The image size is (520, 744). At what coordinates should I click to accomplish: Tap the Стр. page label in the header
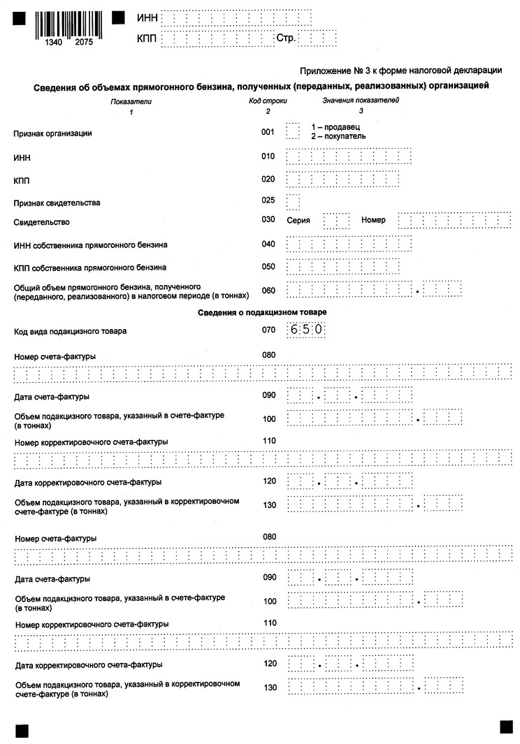pos(286,37)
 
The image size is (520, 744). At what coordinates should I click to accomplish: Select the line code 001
pos(268,131)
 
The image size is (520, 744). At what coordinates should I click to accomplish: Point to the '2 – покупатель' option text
pos(338,136)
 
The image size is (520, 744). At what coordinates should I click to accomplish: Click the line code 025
pos(268,200)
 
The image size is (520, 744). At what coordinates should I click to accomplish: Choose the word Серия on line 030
pos(298,220)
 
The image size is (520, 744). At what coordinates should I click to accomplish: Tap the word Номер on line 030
pos(373,220)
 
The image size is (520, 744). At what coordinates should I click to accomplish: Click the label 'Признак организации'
pos(53,133)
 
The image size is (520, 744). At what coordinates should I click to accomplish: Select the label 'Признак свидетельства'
pos(57,203)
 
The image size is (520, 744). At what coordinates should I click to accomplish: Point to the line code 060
pos(268,290)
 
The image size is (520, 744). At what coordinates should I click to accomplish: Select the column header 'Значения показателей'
pos(361,101)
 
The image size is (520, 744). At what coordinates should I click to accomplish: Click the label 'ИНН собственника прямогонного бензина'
pos(90,245)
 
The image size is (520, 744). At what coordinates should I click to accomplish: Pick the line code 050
pos(268,267)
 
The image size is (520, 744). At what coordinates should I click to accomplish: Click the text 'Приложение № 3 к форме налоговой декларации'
pos(400,71)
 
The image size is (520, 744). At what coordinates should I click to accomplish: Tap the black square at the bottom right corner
pos(506,727)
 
